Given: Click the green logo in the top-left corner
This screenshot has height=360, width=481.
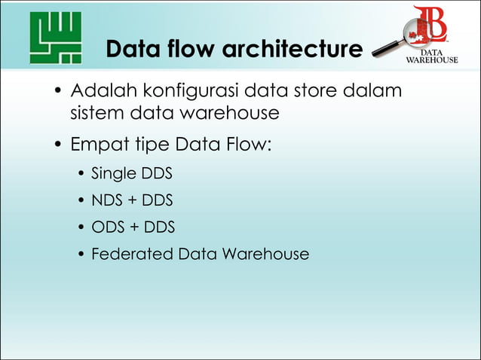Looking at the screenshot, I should [55, 38].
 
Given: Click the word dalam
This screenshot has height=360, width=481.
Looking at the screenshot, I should [372, 92].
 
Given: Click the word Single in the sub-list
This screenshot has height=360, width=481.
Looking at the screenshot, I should [112, 174].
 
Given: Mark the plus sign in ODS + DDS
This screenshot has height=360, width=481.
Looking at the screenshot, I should [136, 227].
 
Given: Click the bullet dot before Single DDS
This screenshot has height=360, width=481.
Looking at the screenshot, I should [81, 175].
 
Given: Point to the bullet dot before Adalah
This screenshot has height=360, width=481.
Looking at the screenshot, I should [57, 93].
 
